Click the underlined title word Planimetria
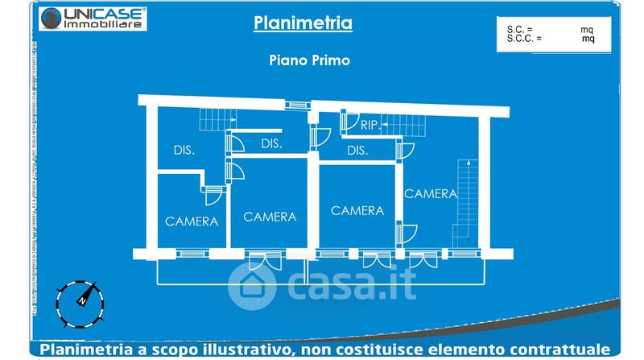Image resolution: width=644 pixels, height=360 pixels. pos(303,23)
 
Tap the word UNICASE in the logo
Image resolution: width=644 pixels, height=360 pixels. pos(105,14)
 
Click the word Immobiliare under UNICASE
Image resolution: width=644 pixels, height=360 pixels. pos(105,25)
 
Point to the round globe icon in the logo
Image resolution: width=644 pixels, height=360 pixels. pos(51,19)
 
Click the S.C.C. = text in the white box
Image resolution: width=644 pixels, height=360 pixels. pos(523,38)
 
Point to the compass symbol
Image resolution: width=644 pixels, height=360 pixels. pos(81,300)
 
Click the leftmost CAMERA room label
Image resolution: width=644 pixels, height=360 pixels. pos(192,221)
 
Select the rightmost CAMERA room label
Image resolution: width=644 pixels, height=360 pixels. pos(431,193)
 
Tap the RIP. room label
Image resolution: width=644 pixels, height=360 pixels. pos(370,125)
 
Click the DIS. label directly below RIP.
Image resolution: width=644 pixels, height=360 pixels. pos(357,151)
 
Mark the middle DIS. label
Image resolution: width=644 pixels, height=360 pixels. pos(271,144)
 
